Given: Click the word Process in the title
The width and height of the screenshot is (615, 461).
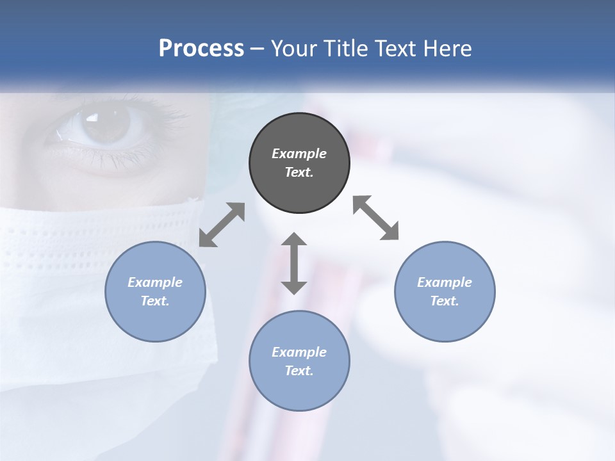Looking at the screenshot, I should click(201, 49).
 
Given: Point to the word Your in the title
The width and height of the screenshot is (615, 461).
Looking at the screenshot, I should click(295, 49).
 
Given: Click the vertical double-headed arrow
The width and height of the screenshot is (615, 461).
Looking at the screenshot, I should click(294, 263).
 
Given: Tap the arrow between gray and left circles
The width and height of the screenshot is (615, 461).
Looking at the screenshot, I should click(222, 225).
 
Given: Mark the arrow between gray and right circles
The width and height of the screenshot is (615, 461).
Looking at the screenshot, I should click(375, 218).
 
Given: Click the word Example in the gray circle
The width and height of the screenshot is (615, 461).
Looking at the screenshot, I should click(299, 154).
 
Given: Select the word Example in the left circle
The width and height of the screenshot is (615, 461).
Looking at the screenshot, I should click(155, 282).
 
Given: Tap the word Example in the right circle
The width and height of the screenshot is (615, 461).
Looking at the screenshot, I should click(445, 282).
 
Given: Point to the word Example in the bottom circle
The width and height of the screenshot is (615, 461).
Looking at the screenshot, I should click(299, 352).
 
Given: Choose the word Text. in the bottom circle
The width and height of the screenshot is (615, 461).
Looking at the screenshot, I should click(299, 371).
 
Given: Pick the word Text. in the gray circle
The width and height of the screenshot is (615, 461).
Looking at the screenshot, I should click(299, 172).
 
